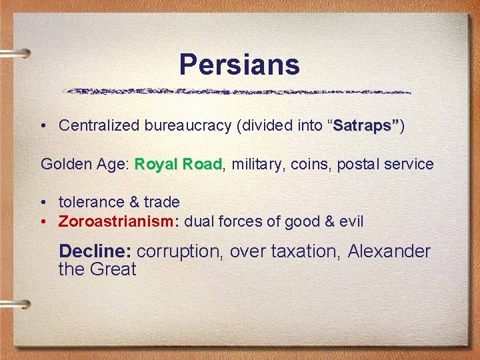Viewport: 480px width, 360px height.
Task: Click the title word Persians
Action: click(239, 65)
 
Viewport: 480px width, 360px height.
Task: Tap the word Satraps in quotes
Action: click(365, 125)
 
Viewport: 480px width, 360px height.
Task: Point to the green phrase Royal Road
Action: click(178, 164)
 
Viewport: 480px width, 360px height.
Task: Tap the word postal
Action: click(360, 164)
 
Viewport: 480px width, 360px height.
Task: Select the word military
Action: click(257, 164)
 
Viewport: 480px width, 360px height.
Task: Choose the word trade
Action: click(161, 202)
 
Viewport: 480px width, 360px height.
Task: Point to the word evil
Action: click(351, 221)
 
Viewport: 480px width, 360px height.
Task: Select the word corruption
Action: click(177, 251)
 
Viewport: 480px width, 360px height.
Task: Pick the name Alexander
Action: click(389, 251)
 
